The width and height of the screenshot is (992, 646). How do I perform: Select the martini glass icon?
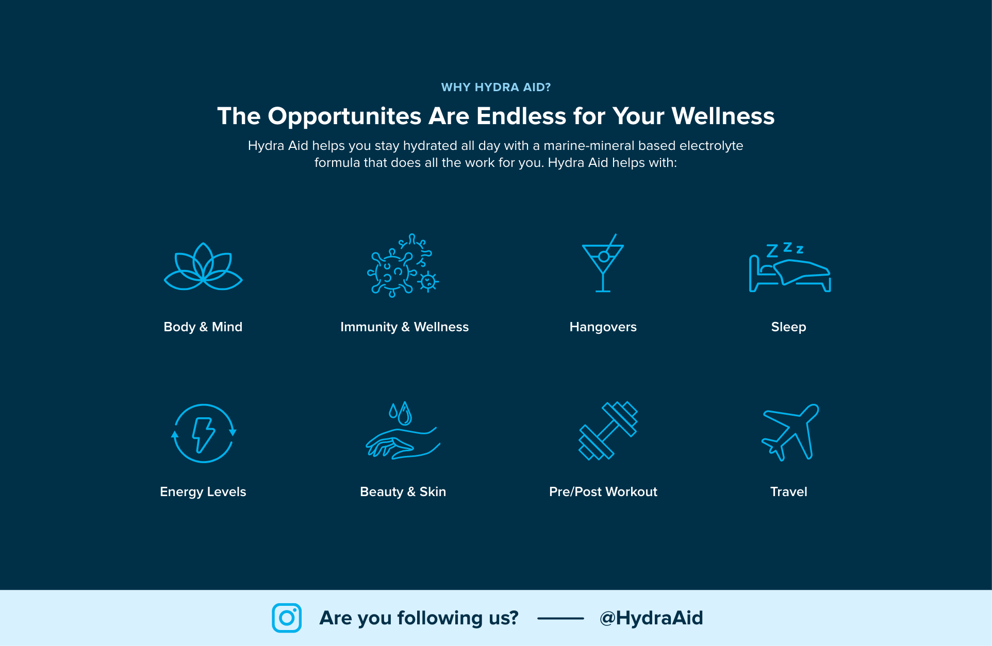[603, 263]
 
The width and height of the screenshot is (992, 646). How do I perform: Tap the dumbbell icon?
[608, 431]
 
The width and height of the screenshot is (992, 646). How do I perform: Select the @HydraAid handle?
[651, 618]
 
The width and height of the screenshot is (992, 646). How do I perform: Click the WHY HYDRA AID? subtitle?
[496, 87]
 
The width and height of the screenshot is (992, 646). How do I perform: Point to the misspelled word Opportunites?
[345, 116]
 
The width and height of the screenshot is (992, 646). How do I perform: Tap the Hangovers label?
[603, 327]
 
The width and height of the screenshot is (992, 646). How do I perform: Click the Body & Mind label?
[203, 327]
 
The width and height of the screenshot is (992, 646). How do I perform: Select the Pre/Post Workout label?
[603, 491]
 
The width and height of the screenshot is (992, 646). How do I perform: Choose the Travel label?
[789, 491]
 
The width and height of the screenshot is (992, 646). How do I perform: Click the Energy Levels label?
[203, 492]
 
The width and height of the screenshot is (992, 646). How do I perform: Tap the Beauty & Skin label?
[403, 492]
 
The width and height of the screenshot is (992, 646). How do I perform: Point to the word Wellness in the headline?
[723, 116]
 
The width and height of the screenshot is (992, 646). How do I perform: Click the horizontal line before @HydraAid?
[560, 618]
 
